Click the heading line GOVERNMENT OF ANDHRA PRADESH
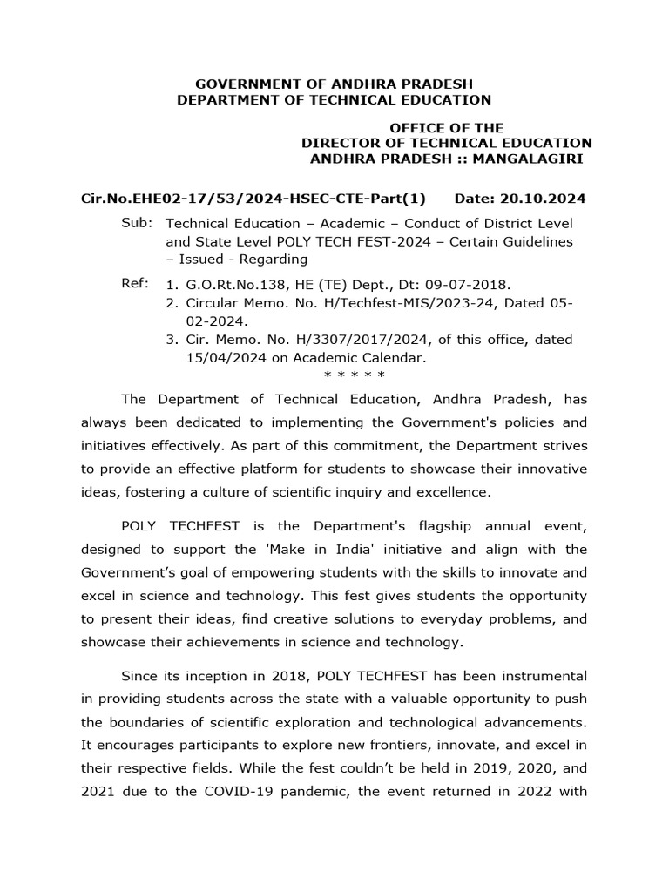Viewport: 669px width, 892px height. (334, 84)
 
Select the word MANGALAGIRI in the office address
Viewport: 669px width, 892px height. (535, 159)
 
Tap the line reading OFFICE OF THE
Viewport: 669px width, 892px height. (446, 128)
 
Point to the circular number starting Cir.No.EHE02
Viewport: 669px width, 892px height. (253, 199)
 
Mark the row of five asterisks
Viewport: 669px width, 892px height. (354, 376)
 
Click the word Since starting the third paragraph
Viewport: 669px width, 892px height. (140, 676)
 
